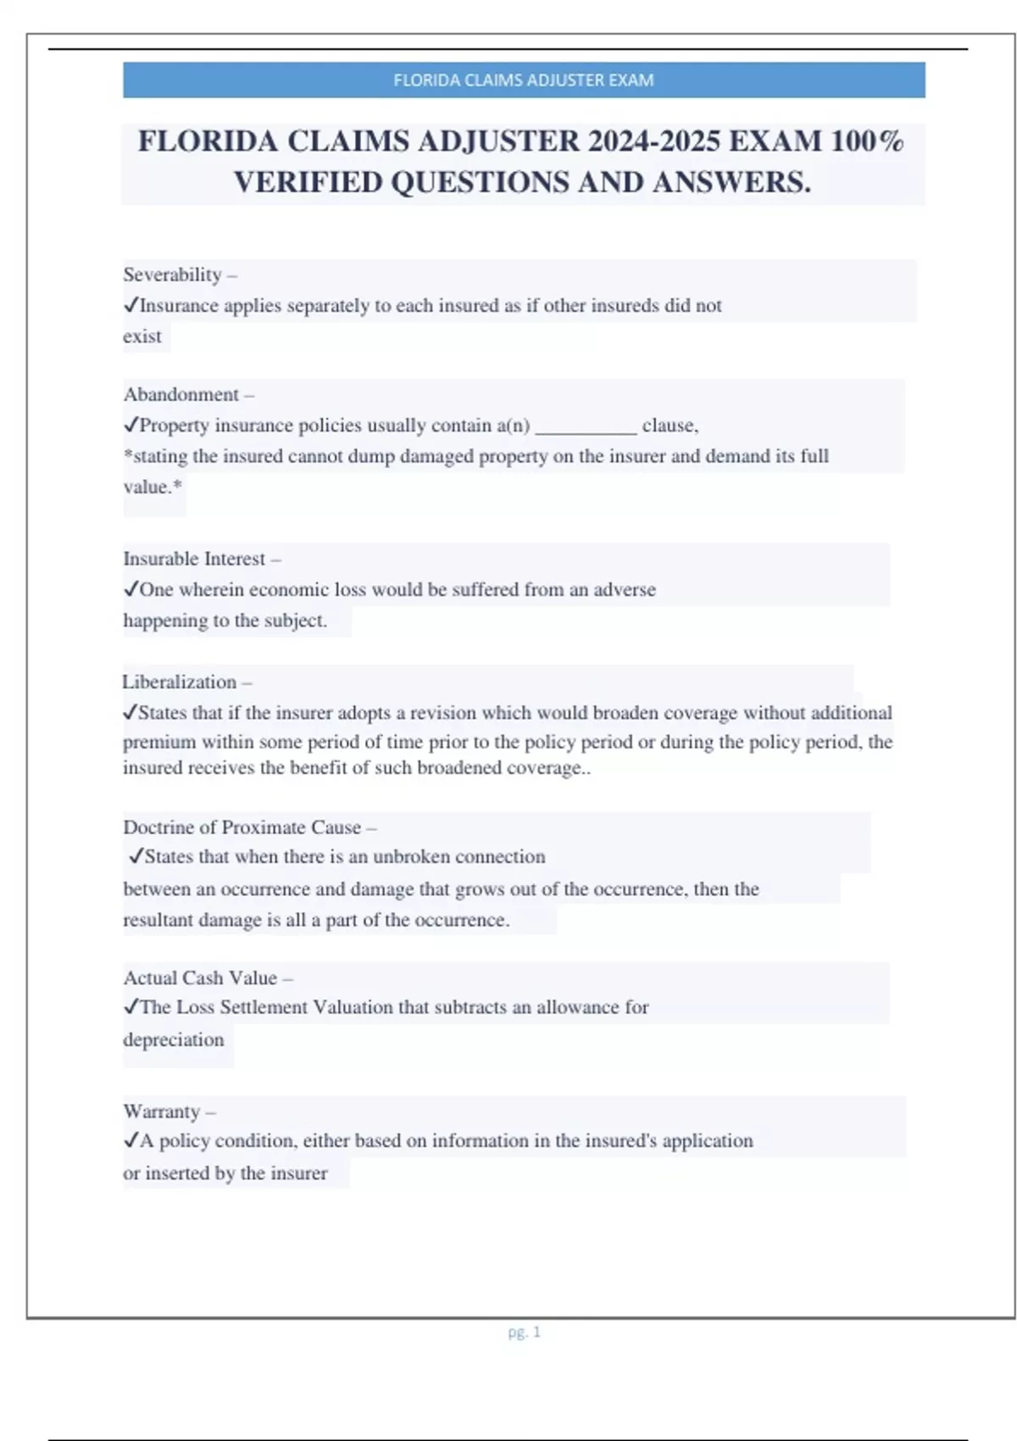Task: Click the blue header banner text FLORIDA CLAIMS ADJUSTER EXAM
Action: coord(523,81)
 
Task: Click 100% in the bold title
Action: coord(867,141)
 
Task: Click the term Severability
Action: coord(172,275)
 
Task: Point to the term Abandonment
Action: coord(181,394)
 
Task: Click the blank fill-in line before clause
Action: coord(586,426)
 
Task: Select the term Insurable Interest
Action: coord(194,559)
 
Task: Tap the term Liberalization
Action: coord(179,682)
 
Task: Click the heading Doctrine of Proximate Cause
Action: coord(242,827)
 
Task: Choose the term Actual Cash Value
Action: coord(200,977)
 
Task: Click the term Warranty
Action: coord(161,1111)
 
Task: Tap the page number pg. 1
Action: coord(524,1333)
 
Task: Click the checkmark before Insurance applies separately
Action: coord(131,305)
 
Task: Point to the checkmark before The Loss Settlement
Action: coord(131,1007)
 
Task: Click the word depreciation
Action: coord(173,1040)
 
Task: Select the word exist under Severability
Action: coord(142,337)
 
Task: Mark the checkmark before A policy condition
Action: coord(131,1141)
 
